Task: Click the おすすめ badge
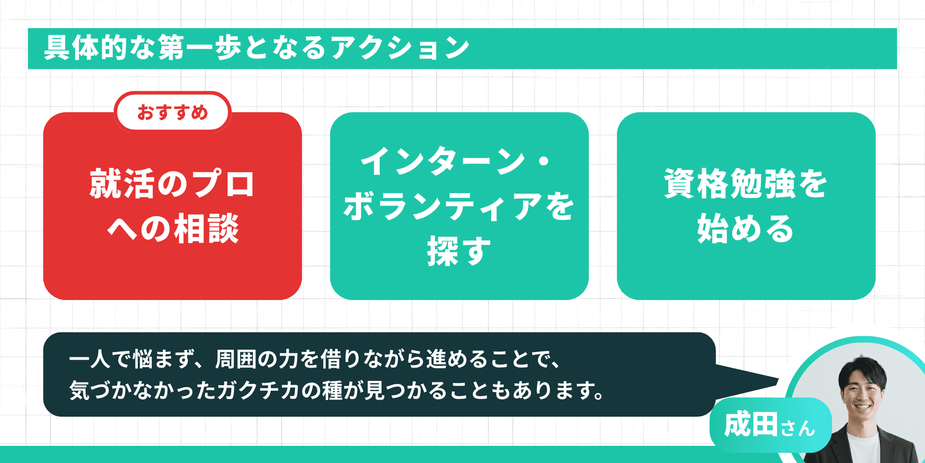click(x=173, y=113)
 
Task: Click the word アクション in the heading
click(x=400, y=48)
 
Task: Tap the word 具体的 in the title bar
click(x=86, y=48)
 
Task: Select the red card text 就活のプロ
click(x=172, y=184)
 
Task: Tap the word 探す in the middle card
click(x=458, y=251)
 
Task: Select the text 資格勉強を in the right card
click(x=746, y=184)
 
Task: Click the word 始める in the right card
click(x=746, y=229)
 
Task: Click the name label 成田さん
click(x=770, y=425)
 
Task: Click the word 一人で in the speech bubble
click(x=99, y=359)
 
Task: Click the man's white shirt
click(x=863, y=447)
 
